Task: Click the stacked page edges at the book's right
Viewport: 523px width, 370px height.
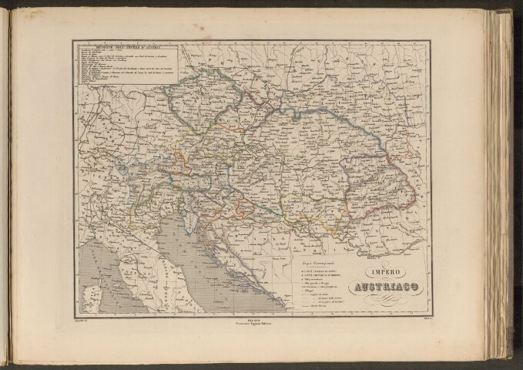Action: (505, 185)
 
